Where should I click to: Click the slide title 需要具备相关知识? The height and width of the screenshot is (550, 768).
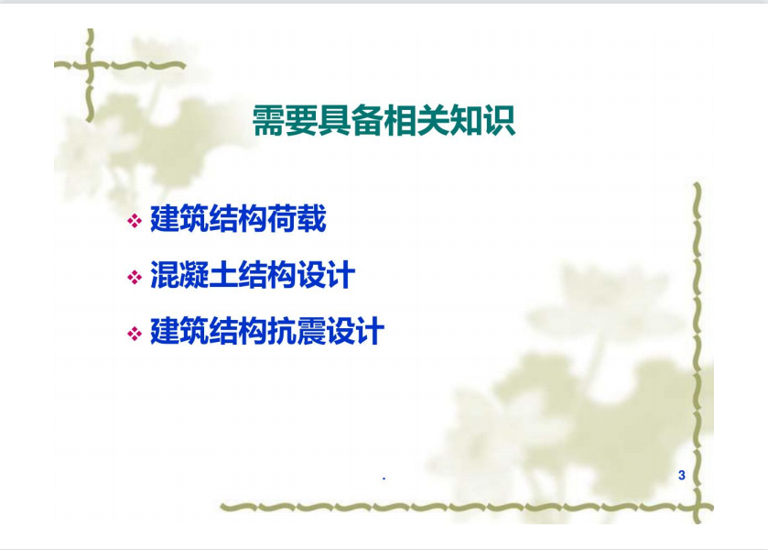(384, 120)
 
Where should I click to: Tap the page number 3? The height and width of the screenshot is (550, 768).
(682, 475)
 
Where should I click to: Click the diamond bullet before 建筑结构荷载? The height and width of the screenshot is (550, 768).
(135, 221)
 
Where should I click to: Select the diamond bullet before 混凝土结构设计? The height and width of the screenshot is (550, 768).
(135, 277)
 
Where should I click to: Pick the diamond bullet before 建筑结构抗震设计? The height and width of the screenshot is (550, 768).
(135, 334)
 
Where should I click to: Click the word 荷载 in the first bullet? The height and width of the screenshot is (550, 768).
(297, 219)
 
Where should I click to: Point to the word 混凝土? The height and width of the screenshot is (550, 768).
(194, 275)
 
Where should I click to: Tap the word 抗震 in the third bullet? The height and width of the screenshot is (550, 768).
(297, 331)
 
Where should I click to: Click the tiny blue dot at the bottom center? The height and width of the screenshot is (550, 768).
(384, 478)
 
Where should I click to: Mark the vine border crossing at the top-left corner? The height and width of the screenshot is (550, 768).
(90, 64)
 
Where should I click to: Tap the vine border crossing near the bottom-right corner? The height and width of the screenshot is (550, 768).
(697, 507)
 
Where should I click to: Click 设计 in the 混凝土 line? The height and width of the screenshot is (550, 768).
(326, 275)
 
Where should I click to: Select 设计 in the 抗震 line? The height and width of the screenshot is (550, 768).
(355, 331)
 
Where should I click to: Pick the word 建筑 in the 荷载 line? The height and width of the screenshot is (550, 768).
(179, 219)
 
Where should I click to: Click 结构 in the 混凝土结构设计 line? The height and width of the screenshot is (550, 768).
(267, 275)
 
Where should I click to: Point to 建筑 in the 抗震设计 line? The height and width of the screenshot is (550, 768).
(179, 331)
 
